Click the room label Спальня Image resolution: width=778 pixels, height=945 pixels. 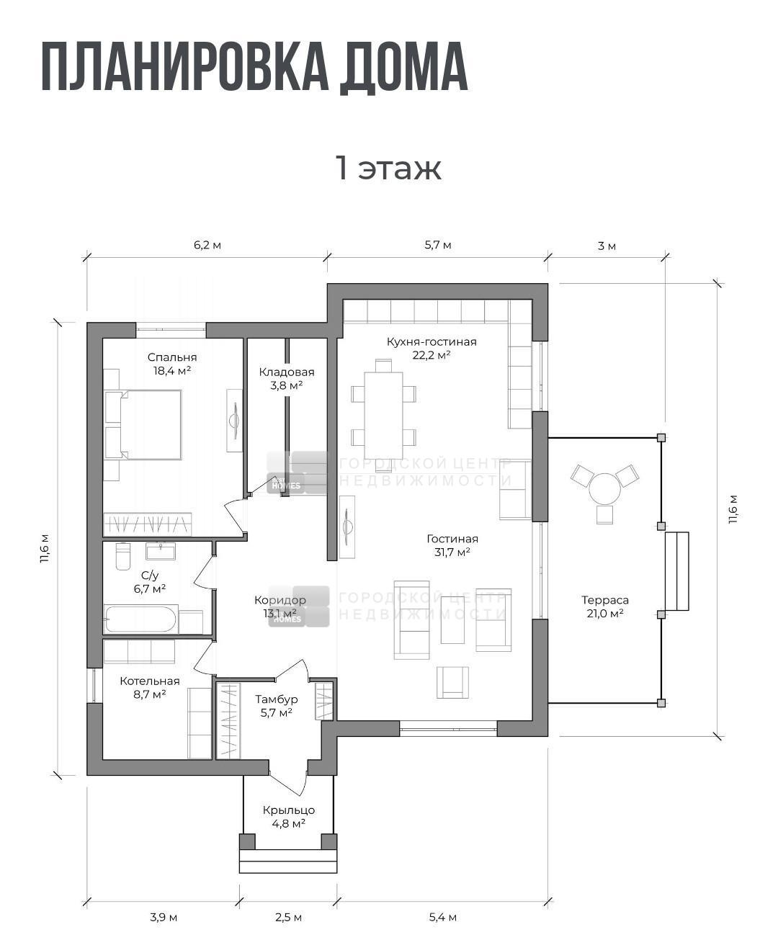[x=172, y=357]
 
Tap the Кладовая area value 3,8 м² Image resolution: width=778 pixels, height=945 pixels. [x=287, y=385]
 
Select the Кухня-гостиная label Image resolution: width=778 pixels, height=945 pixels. [x=432, y=342]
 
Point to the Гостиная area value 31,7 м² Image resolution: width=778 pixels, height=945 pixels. [x=452, y=552]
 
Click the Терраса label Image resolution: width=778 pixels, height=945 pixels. [x=605, y=600]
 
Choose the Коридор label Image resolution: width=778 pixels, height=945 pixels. [x=280, y=600]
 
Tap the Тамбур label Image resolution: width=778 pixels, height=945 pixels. [x=277, y=699]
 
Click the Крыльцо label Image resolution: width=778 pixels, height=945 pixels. [x=289, y=810]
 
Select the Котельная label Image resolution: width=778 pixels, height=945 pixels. [x=150, y=681]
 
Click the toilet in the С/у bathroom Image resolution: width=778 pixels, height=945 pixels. [x=122, y=555]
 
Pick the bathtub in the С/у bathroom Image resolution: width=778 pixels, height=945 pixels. [x=140, y=619]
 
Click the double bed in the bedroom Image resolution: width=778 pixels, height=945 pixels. [x=143, y=424]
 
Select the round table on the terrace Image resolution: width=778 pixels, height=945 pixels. [x=604, y=488]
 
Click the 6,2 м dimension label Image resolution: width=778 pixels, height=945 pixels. [x=207, y=245]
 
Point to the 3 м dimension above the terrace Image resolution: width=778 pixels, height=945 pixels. [x=607, y=246]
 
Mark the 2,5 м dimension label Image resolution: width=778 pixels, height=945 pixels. [x=289, y=917]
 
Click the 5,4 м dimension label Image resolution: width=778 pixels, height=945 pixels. [x=443, y=917]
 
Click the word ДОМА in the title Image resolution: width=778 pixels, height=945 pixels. [x=403, y=68]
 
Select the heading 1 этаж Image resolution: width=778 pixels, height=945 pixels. [x=389, y=169]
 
